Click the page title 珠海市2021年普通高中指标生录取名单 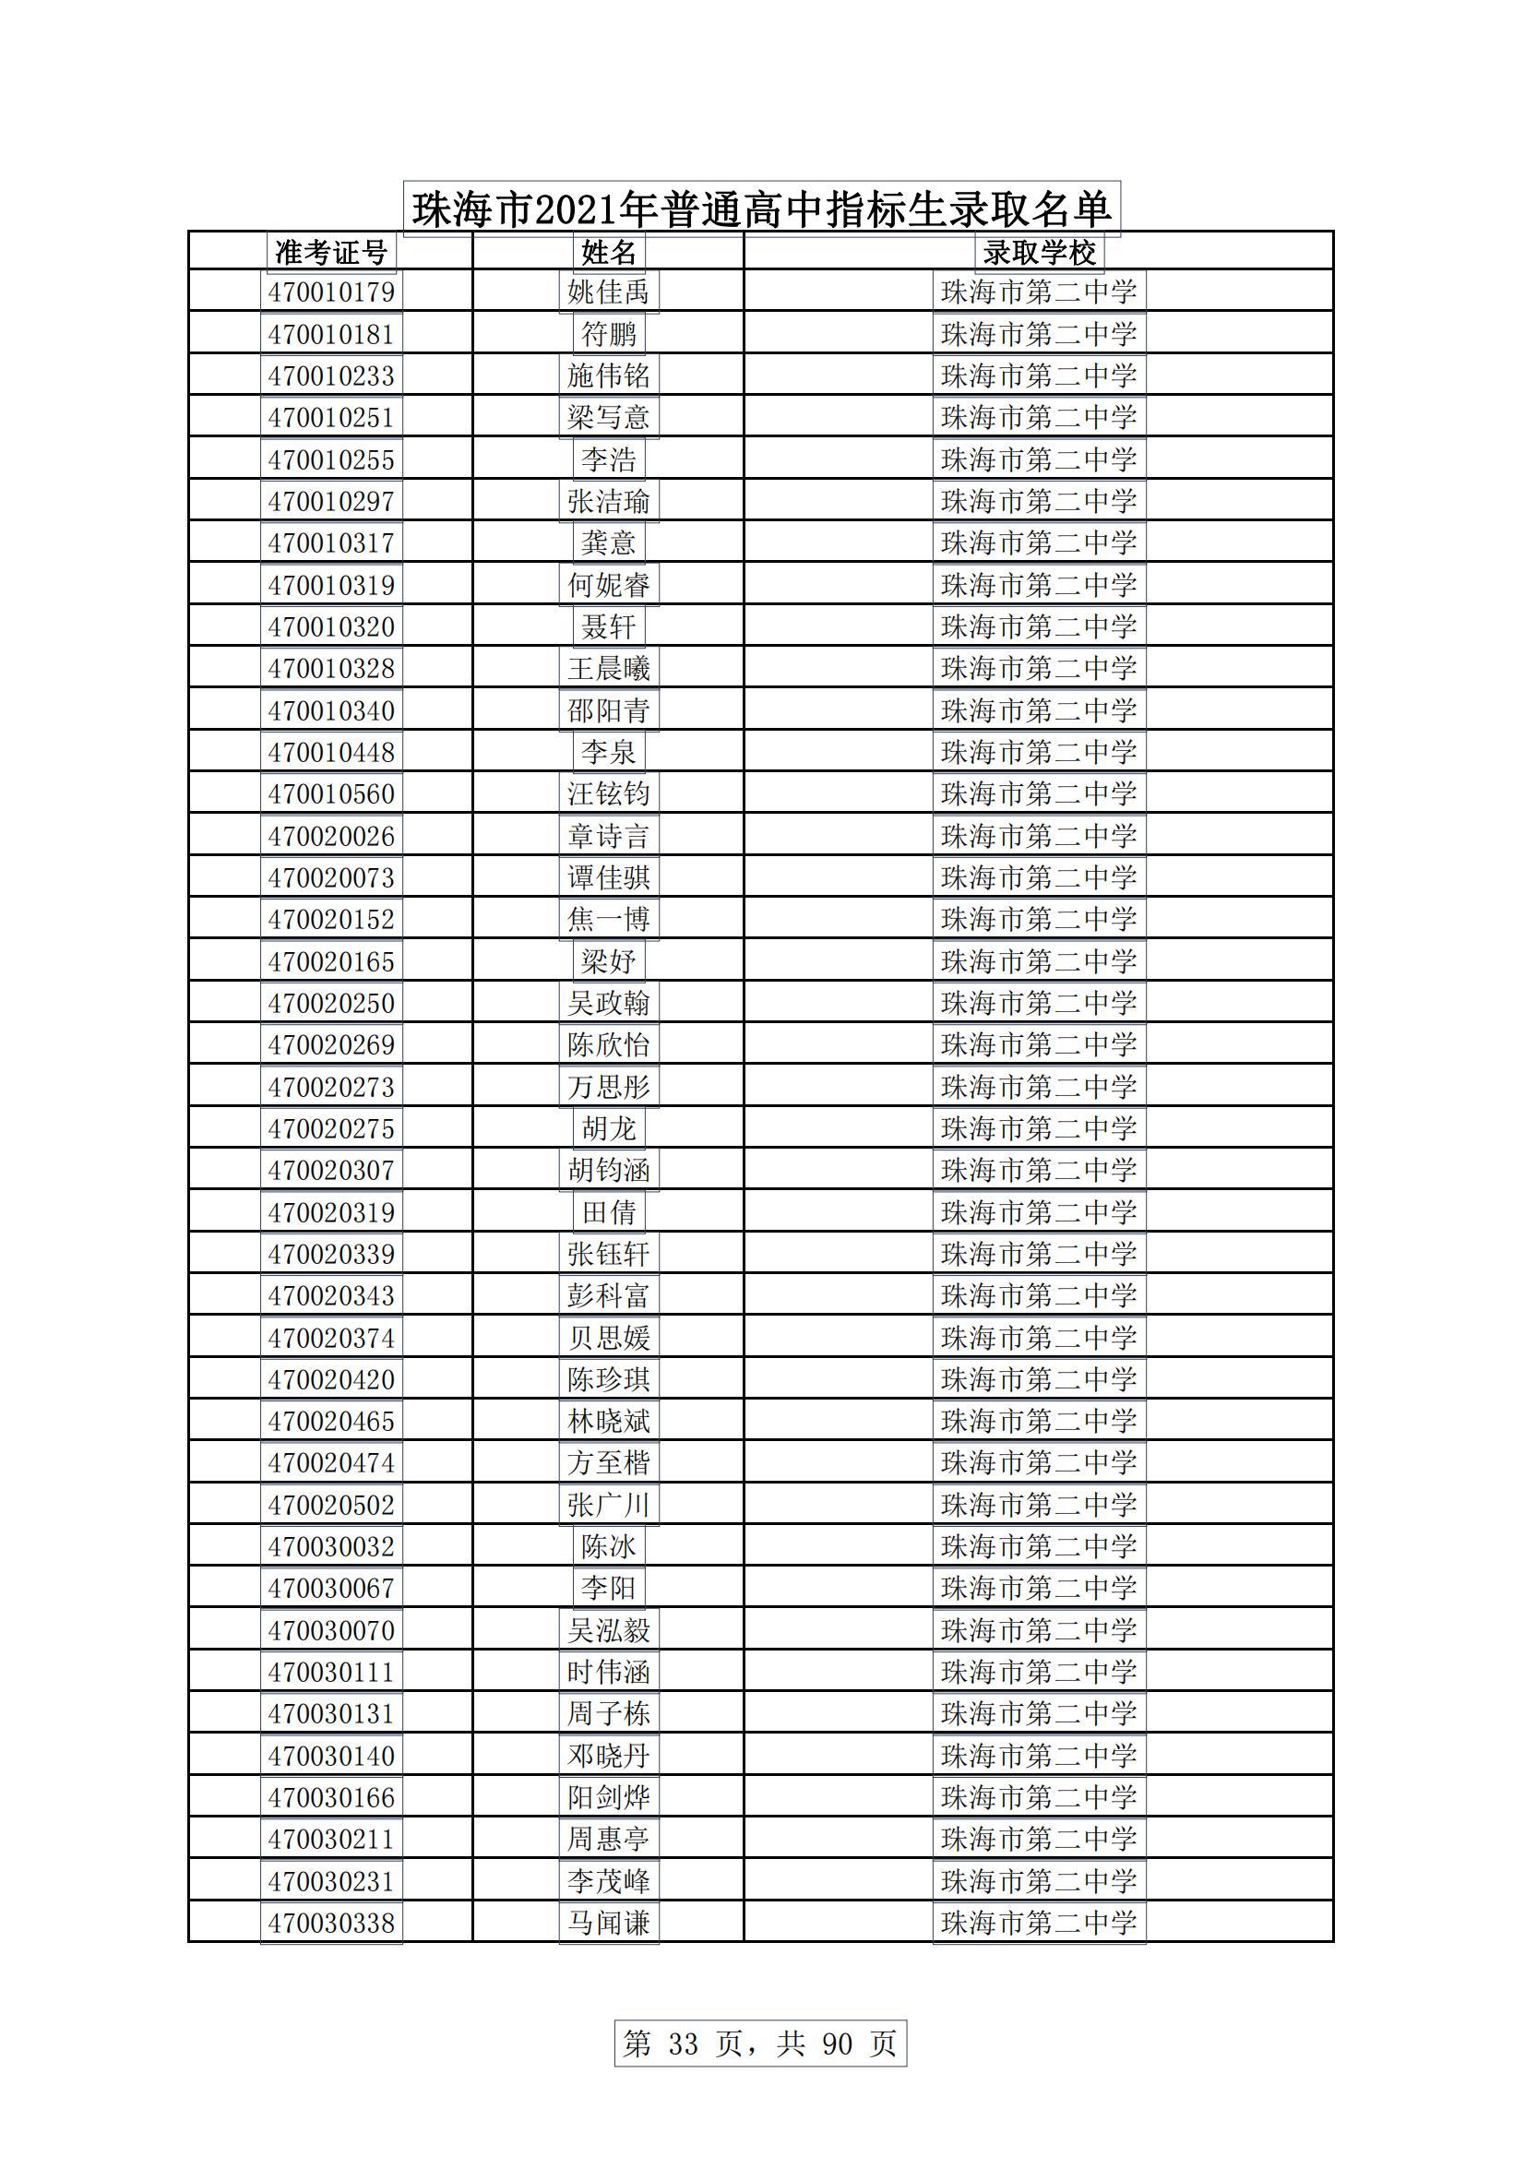[x=761, y=209]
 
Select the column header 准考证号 [x=331, y=252]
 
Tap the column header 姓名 [x=608, y=252]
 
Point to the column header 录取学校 [x=1038, y=252]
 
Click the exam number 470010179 [x=331, y=292]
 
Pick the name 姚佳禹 [x=608, y=292]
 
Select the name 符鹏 [x=608, y=333]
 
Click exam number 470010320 [x=331, y=626]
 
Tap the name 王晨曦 [x=608, y=668]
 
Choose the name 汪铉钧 [x=608, y=793]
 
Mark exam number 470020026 [x=331, y=835]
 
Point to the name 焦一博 [x=608, y=919]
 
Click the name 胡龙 [x=608, y=1127]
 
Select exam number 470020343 [x=331, y=1295]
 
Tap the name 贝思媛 [x=608, y=1337]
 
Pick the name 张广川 [x=608, y=1504]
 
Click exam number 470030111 [x=331, y=1672]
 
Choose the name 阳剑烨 [x=608, y=1797]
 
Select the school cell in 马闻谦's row [x=1038, y=1922]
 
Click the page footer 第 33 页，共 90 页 [x=760, y=2043]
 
